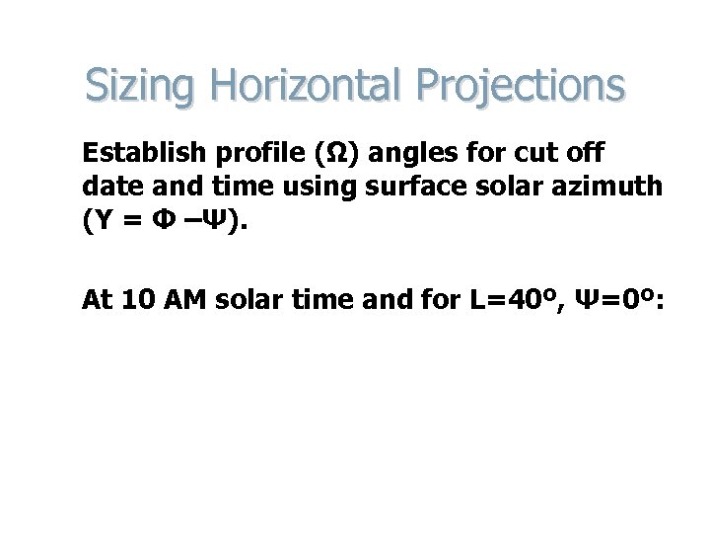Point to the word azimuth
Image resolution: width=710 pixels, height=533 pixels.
[x=611, y=188]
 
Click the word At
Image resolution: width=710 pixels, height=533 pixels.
[x=97, y=300]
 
